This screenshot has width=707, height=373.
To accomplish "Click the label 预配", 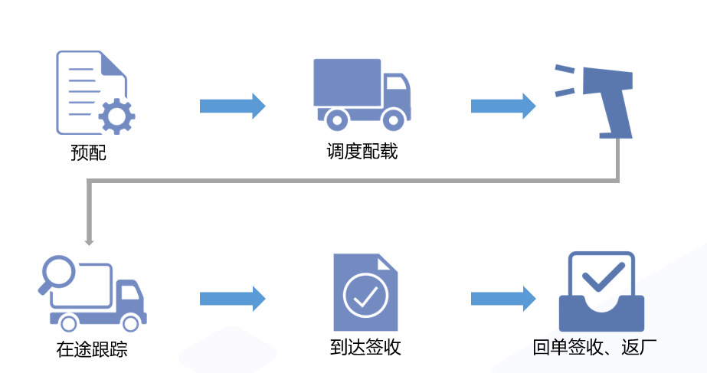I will tap(88, 153).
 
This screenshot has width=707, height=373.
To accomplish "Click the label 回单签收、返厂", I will tap(594, 348).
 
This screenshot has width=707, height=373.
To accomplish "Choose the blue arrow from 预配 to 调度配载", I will tap(232, 105).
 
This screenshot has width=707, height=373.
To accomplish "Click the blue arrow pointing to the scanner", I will tap(502, 105).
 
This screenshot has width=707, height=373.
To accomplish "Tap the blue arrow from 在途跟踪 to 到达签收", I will tap(232, 298).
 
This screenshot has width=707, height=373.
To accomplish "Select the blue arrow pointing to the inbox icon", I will tap(502, 298).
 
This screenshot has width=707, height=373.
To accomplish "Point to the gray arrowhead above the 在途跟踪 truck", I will tap(89, 241).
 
